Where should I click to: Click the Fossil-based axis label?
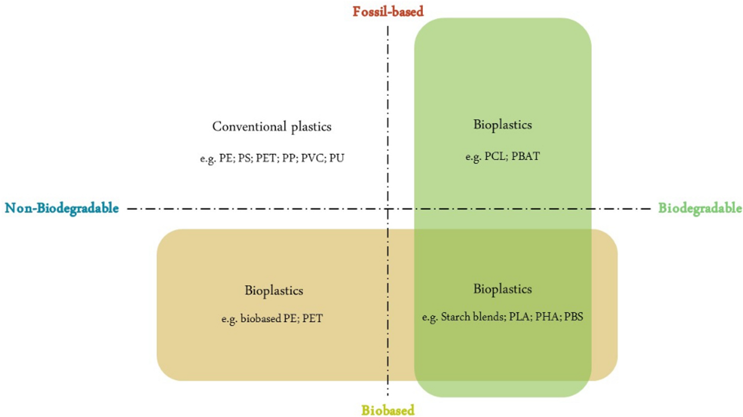coord(388,12)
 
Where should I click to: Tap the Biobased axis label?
coord(388,410)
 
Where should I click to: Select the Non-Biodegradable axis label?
coord(62,208)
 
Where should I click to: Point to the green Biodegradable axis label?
coord(700,208)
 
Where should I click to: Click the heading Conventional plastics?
coord(272,127)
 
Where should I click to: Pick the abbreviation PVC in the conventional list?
coord(312,158)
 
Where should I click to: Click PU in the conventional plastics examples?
coord(337,158)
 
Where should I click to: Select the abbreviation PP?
coord(289,158)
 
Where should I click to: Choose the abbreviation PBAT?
coord(525,156)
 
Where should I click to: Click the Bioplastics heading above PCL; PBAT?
coord(503,125)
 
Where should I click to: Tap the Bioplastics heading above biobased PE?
coord(274,290)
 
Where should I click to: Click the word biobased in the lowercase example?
coord(260,318)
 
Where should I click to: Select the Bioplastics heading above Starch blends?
coord(503,289)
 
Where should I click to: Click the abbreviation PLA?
coord(520,317)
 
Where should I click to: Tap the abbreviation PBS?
coord(574,317)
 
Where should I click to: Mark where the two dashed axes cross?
coord(388,209)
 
